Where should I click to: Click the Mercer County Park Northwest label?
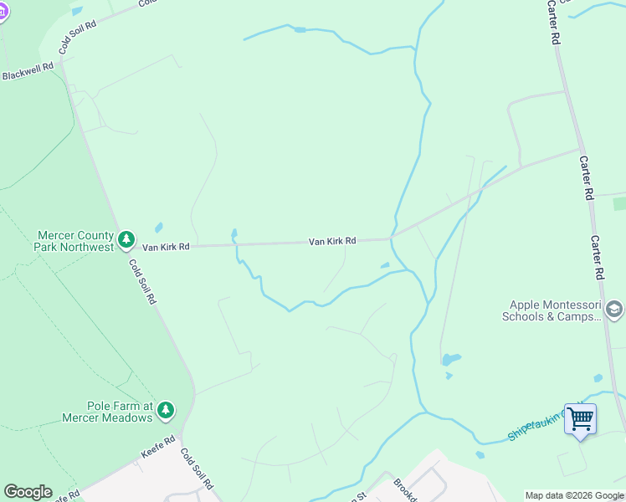pyautogui.click(x=74, y=241)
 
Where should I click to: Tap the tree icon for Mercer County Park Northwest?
pyautogui.click(x=126, y=241)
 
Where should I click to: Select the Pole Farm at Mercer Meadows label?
pyautogui.click(x=106, y=412)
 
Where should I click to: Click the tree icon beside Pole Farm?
pyautogui.click(x=166, y=409)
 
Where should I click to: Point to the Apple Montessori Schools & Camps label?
pyautogui.click(x=552, y=311)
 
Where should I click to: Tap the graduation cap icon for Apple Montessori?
pyautogui.click(x=614, y=311)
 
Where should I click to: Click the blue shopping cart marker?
pyautogui.click(x=580, y=418)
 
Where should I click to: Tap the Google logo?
pyautogui.click(x=28, y=492)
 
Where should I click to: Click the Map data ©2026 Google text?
pyautogui.click(x=574, y=495)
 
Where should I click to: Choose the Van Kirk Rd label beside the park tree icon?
pyautogui.click(x=166, y=247)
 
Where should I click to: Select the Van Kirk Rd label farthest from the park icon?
pyautogui.click(x=332, y=241)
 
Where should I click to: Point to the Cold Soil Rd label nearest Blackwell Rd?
pyautogui.click(x=80, y=37)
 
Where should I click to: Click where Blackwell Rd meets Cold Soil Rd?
pyautogui.click(x=60, y=62)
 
